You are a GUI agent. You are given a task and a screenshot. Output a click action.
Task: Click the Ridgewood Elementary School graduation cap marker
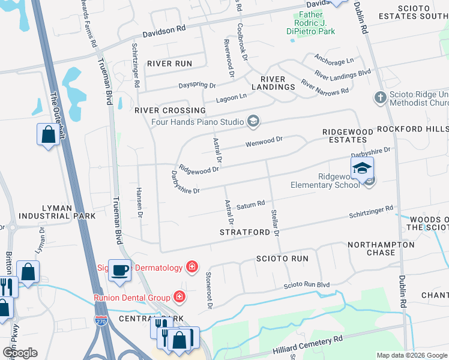click(x=362, y=168)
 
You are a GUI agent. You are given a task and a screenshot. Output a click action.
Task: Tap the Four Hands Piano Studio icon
click(x=253, y=122)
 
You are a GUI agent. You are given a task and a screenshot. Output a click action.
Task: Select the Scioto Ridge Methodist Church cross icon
click(x=379, y=97)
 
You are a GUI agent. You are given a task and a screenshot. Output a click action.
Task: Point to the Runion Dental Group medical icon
click(x=179, y=296)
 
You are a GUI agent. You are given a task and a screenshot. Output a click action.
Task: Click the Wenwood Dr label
click(x=264, y=142)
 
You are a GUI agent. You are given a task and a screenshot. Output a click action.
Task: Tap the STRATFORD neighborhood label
click(x=243, y=232)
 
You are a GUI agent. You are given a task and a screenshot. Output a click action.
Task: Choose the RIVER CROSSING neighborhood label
click(x=170, y=110)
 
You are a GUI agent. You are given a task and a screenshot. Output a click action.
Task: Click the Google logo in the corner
click(x=20, y=353)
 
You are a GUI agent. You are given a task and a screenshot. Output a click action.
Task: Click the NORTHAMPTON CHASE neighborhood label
click(x=381, y=248)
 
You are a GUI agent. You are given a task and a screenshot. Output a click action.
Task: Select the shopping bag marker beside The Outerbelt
click(x=48, y=135)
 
